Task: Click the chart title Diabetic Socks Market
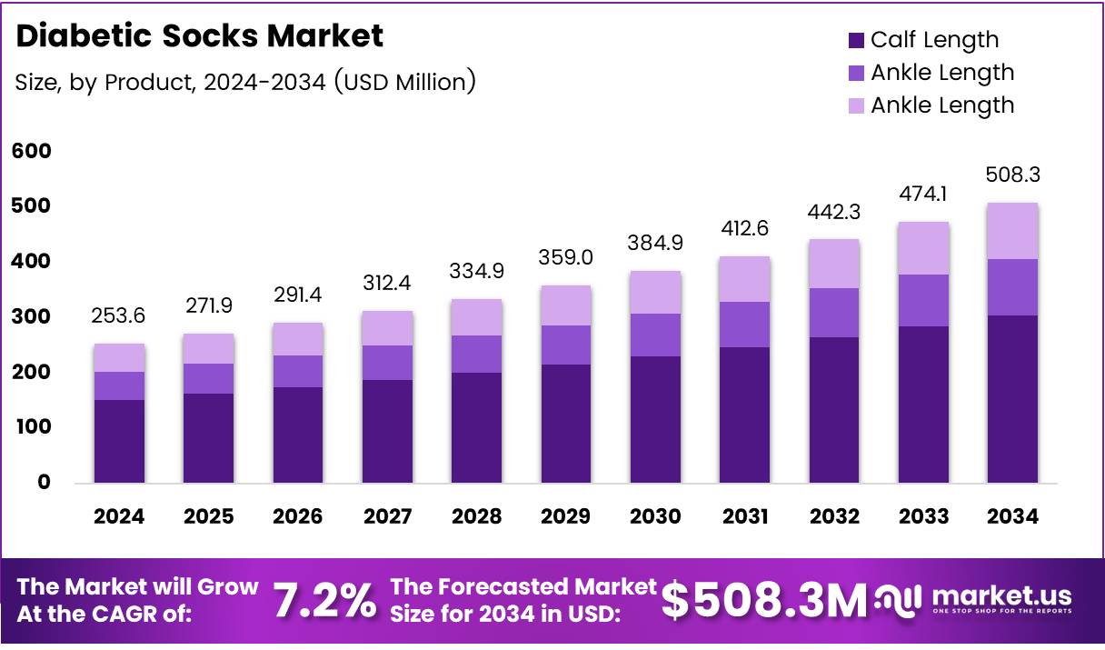click(x=200, y=36)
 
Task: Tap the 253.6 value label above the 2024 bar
click(x=119, y=315)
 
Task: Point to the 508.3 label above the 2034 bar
click(x=1012, y=175)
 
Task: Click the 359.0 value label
click(x=565, y=257)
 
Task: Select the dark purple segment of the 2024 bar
click(x=119, y=441)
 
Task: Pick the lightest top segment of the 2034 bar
click(x=1012, y=231)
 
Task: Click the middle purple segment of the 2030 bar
click(x=655, y=335)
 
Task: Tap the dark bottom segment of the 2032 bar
click(x=834, y=409)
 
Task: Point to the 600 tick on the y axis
click(x=32, y=151)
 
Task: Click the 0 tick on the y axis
click(x=44, y=483)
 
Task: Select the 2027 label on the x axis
click(x=387, y=516)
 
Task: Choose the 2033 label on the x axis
click(x=923, y=516)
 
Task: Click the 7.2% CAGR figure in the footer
click(x=324, y=601)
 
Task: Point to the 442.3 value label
click(x=834, y=211)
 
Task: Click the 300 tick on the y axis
click(x=32, y=317)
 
